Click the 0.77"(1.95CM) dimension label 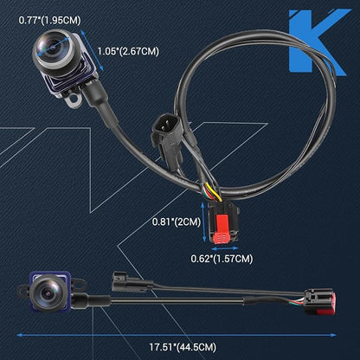click(x=49, y=20)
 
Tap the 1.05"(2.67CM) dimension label click(x=128, y=51)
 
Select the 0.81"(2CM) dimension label click(x=177, y=222)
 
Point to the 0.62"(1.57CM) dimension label click(x=222, y=259)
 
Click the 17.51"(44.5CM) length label click(x=183, y=347)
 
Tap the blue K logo click(x=318, y=42)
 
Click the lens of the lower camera click(x=46, y=293)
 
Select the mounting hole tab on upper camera click(x=74, y=99)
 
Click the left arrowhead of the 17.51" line click(x=20, y=335)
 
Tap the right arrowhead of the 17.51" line click(x=333, y=335)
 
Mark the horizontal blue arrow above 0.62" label click(x=225, y=248)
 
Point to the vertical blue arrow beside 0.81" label click(x=204, y=222)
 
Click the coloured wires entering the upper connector click(x=212, y=193)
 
